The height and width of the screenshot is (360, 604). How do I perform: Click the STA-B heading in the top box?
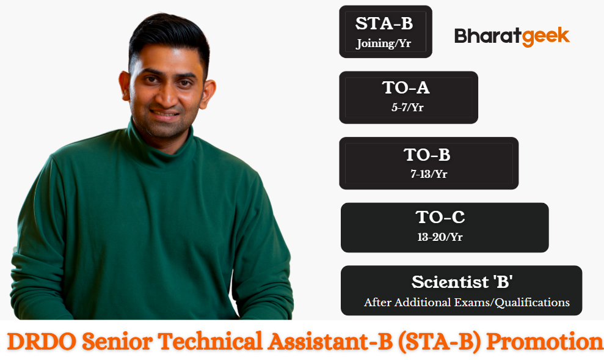click(x=384, y=23)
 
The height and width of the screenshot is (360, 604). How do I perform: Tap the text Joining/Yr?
click(x=384, y=43)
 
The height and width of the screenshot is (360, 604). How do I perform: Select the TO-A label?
click(x=406, y=88)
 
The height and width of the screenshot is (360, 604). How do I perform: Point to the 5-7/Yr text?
click(x=407, y=107)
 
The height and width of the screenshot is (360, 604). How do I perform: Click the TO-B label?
click(x=427, y=155)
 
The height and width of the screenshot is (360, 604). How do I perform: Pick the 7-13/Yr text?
click(x=429, y=174)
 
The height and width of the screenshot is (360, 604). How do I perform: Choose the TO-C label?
click(x=440, y=217)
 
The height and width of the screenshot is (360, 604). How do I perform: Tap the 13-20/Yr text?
click(x=440, y=237)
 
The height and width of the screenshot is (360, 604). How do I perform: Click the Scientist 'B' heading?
click(x=462, y=282)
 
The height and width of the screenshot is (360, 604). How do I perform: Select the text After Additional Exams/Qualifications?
click(x=467, y=302)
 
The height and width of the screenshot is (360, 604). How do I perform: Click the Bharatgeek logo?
click(x=512, y=37)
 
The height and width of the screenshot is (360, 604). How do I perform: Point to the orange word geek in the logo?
click(x=546, y=37)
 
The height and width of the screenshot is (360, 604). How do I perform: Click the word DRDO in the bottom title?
click(x=42, y=342)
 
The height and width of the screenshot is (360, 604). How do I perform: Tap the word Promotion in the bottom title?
click(x=545, y=342)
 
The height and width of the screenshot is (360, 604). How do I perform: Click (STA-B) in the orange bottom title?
click(x=439, y=342)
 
